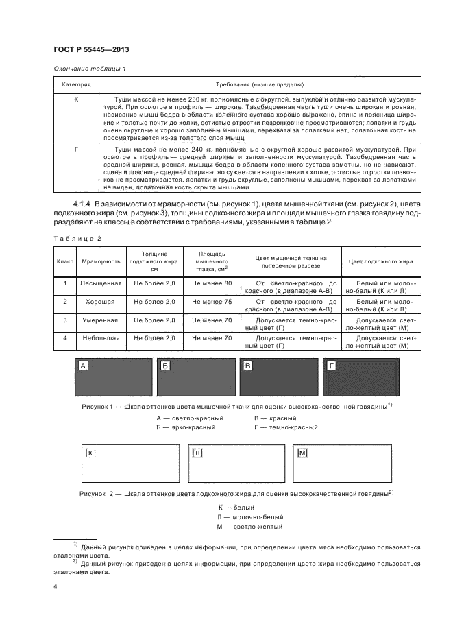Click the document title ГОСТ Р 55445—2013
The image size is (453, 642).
[x=91, y=49]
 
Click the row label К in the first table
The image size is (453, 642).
[x=77, y=99]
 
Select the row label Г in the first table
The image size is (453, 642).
[x=77, y=149]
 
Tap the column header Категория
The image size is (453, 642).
[x=77, y=85]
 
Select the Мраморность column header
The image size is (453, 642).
[x=101, y=261]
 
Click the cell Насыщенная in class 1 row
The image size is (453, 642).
[x=101, y=283]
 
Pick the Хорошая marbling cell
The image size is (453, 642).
[x=101, y=301]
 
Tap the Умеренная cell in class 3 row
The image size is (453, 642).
[x=101, y=320]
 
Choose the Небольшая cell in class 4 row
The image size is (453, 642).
[x=101, y=338]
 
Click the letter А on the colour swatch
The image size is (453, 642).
[x=84, y=366]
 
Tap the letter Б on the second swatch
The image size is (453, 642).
[x=165, y=366]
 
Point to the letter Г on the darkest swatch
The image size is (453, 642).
[x=332, y=366]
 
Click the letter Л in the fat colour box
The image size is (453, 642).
[x=197, y=453]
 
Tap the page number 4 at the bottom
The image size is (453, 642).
[x=55, y=588]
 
